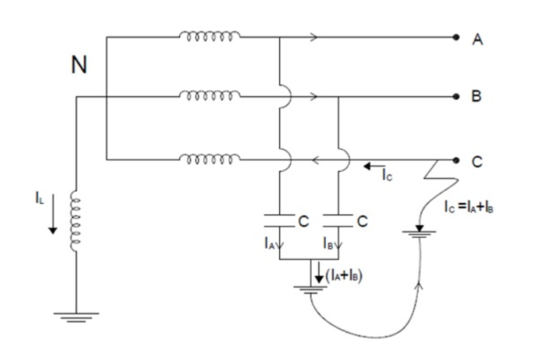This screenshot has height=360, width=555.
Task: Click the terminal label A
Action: point(478,40)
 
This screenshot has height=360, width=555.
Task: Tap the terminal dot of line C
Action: point(457,160)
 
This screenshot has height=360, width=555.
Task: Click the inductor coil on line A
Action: point(210,36)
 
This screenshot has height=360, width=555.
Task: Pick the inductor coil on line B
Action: point(210,97)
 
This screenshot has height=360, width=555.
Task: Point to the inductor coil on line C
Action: point(210,159)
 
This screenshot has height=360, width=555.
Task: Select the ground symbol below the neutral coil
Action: point(76,316)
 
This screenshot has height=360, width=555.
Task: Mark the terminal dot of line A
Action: point(457,37)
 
